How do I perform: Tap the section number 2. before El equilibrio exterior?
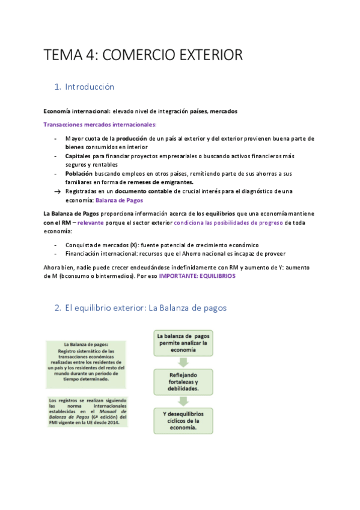58,308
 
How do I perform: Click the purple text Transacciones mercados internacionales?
100,124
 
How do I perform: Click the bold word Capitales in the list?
78,155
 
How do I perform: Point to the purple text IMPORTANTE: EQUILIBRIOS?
197,276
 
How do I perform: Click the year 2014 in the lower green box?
112,423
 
